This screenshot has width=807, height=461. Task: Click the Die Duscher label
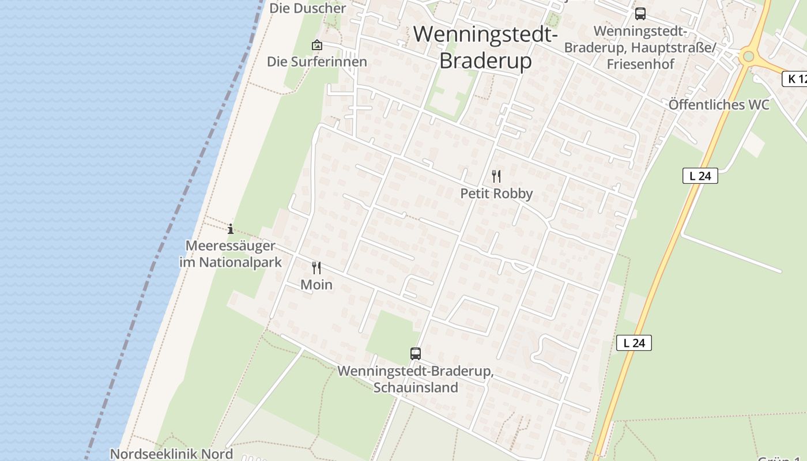pyautogui.click(x=307, y=8)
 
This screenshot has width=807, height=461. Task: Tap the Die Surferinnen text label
pyautogui.click(x=316, y=62)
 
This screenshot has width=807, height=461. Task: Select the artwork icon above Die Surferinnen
pyautogui.click(x=316, y=45)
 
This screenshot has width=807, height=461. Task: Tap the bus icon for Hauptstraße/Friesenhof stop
pyautogui.click(x=640, y=14)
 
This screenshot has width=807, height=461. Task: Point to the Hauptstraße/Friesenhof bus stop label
pyautogui.click(x=640, y=47)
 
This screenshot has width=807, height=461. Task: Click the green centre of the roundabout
pyautogui.click(x=748, y=56)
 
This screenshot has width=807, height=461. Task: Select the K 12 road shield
pyautogui.click(x=795, y=79)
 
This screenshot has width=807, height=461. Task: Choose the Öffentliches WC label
pyautogui.click(x=719, y=105)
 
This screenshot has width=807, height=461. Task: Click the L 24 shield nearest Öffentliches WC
pyautogui.click(x=700, y=176)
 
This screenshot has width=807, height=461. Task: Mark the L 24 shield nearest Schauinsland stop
pyautogui.click(x=633, y=343)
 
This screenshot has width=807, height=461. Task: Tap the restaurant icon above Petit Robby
pyautogui.click(x=496, y=176)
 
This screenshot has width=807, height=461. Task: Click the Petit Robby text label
pyautogui.click(x=496, y=194)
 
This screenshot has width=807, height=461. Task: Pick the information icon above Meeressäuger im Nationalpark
pyautogui.click(x=231, y=229)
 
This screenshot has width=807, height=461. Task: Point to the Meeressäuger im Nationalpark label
pyautogui.click(x=231, y=254)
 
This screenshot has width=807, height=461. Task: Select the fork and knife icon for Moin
pyautogui.click(x=316, y=267)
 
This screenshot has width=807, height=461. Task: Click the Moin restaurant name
pyautogui.click(x=316, y=285)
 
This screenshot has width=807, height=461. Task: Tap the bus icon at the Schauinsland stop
pyautogui.click(x=415, y=354)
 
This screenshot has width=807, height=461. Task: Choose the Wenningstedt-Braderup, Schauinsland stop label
pyautogui.click(x=415, y=379)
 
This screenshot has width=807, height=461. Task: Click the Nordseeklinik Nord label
pyautogui.click(x=171, y=454)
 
